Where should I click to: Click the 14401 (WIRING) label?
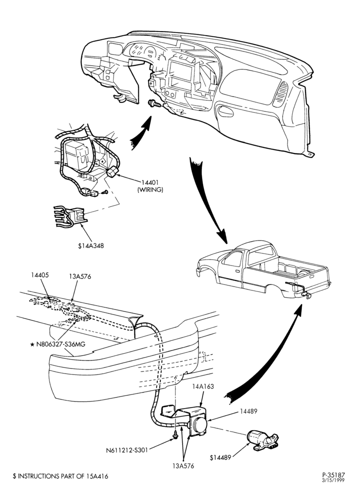click(150, 186)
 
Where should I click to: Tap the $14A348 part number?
click(91, 246)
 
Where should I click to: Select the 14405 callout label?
click(40, 275)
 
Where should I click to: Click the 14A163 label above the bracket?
click(203, 386)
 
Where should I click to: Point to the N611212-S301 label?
click(126, 450)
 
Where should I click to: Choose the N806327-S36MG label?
click(57, 344)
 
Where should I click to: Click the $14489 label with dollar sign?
click(220, 457)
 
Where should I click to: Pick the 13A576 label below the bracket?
click(183, 466)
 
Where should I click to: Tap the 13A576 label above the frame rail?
click(80, 277)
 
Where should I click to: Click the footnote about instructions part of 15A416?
click(60, 476)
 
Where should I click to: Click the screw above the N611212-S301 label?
click(175, 434)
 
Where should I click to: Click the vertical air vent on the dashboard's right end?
click(280, 93)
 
